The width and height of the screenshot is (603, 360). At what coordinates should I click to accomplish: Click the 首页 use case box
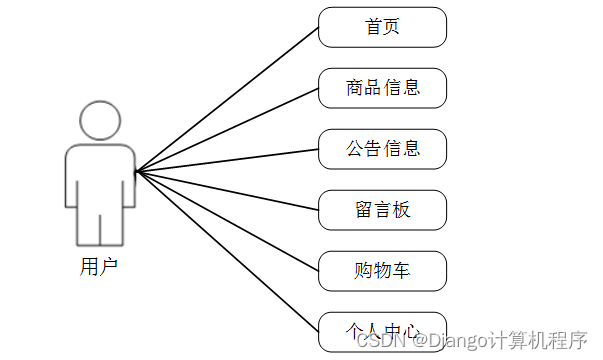382,27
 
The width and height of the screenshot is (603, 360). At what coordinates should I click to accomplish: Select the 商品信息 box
382,88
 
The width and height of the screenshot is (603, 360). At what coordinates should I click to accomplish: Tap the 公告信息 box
382,149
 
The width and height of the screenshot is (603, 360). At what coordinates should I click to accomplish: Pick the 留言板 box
382,210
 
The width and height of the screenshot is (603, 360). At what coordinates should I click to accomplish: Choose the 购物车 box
382,271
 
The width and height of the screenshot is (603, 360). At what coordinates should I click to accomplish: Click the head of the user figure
99,122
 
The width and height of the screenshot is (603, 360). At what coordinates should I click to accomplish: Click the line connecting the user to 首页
228,97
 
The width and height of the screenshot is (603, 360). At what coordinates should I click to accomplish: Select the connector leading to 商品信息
228,129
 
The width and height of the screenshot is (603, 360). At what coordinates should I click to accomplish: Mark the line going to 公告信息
228,160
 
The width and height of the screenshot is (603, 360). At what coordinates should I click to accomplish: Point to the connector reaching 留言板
228,190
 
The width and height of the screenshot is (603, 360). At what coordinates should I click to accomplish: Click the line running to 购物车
228,221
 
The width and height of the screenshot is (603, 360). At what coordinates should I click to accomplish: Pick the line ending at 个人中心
228,252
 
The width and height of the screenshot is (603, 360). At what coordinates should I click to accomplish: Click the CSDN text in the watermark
376,342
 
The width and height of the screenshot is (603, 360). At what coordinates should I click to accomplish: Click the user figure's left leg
88,228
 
